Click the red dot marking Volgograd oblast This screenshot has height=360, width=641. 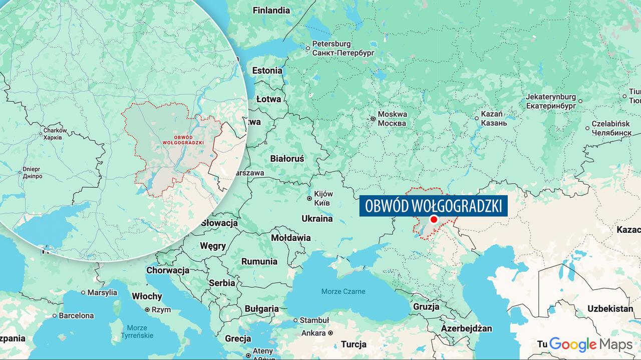(x=434, y=219)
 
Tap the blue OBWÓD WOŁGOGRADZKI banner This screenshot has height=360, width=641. (x=434, y=206)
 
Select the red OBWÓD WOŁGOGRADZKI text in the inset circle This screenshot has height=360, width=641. (x=183, y=140)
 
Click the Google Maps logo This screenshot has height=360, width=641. (x=590, y=344)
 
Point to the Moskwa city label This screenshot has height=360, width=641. (x=392, y=118)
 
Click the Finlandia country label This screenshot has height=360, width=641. (x=271, y=10)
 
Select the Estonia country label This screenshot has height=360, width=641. (x=267, y=71)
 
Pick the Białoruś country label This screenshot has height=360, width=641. (x=287, y=158)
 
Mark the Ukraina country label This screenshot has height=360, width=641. (x=317, y=218)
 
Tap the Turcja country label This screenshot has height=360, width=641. (x=354, y=344)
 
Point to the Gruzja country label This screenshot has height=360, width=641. (x=426, y=306)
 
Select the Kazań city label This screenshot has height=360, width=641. (x=494, y=118)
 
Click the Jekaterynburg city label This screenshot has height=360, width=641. (x=551, y=101)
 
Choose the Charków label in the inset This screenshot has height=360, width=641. (x=52, y=133)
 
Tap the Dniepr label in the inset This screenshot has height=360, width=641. (x=32, y=173)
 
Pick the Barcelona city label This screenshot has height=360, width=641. (x=76, y=315)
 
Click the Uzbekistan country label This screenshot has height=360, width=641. (x=610, y=308)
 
